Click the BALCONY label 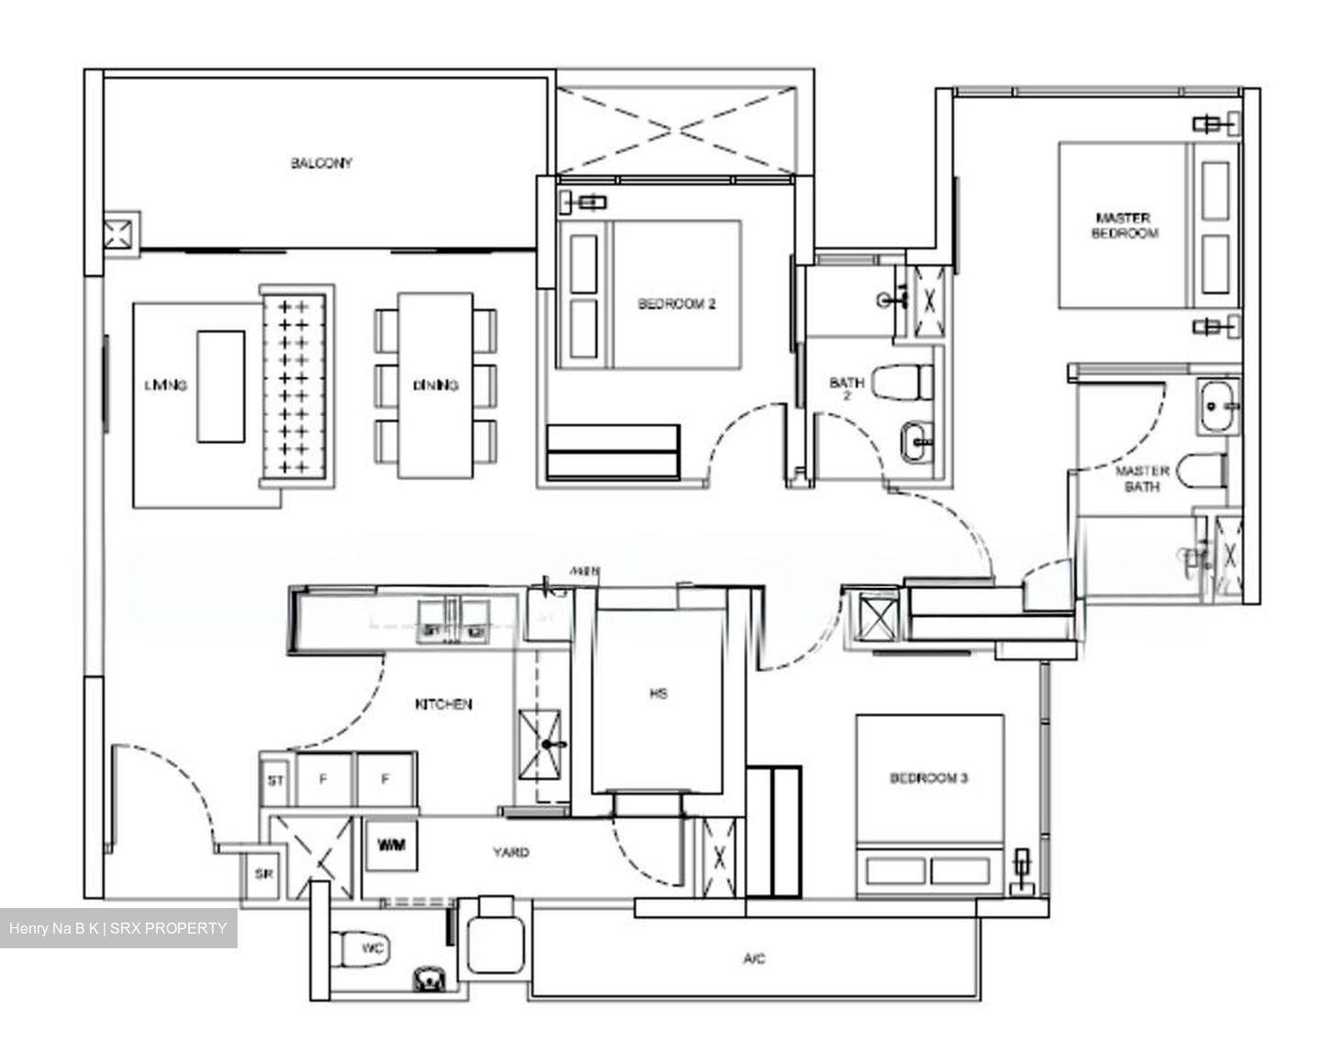[x=321, y=163]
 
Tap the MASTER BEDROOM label [x=1124, y=226]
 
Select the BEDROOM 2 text [x=676, y=304]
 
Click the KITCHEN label [x=443, y=704]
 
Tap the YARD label [x=510, y=852]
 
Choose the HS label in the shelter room [x=658, y=693]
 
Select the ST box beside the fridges [x=274, y=781]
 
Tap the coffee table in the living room [x=220, y=386]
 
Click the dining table [x=436, y=385]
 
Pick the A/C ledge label [x=753, y=959]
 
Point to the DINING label [x=435, y=386]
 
